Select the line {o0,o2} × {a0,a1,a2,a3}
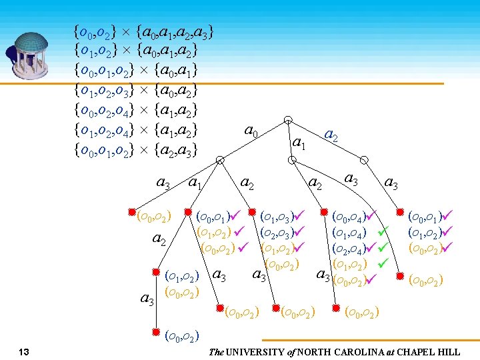(145, 31)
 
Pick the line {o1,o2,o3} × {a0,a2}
(137, 89)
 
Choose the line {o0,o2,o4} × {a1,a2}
(137, 109)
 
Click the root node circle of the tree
(288, 120)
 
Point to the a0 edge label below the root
(252, 131)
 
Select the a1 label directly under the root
(299, 143)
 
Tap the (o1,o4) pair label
(347, 233)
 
